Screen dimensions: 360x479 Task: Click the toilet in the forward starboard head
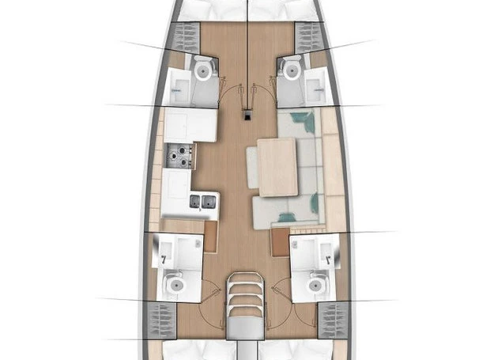tap(291, 70)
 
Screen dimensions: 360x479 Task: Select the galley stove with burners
tap(179, 157)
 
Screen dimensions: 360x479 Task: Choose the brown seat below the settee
tap(281, 241)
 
